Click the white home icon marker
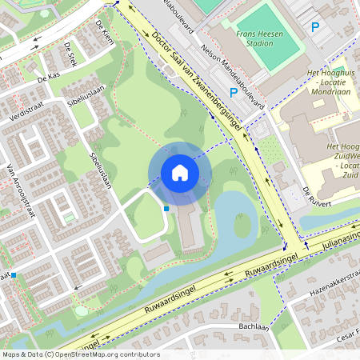tap(179, 173)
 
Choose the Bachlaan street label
tap(253, 327)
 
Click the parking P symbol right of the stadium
tap(314, 26)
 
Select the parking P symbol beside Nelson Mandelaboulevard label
tap(233, 93)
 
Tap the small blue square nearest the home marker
tap(166, 209)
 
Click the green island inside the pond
tap(242, 226)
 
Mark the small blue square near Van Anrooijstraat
tap(14, 275)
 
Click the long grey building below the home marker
tap(190, 228)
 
